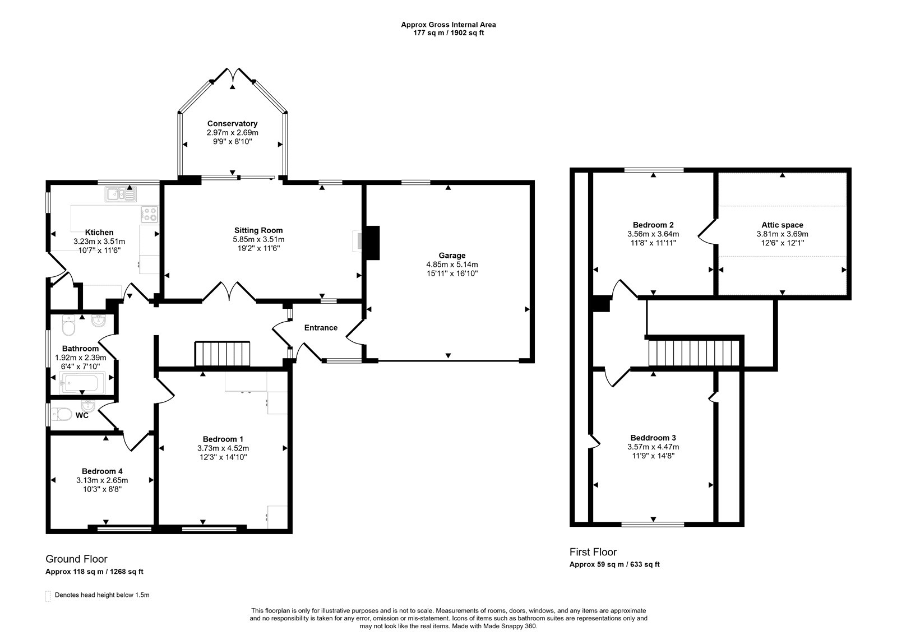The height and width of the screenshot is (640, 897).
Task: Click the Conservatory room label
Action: (x=232, y=124)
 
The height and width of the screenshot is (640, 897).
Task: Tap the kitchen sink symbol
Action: (x=121, y=194)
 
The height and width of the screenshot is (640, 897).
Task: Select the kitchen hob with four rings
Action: (x=149, y=214)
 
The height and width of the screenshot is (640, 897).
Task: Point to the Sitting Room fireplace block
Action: (x=372, y=243)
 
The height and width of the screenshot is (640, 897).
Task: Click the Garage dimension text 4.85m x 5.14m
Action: (x=452, y=265)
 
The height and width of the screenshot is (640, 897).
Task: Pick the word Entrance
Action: (x=321, y=328)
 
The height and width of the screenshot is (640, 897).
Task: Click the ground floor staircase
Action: (x=222, y=354)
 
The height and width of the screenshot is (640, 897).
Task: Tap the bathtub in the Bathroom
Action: (x=82, y=383)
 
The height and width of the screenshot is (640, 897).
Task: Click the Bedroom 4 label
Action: (x=102, y=471)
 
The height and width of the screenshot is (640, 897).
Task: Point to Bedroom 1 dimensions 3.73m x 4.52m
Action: (x=223, y=448)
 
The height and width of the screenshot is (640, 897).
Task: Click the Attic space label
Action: (x=782, y=225)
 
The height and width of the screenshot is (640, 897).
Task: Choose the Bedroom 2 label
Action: (x=653, y=225)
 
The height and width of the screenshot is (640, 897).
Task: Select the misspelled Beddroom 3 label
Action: (x=653, y=438)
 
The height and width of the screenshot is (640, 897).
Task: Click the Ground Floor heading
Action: (x=76, y=559)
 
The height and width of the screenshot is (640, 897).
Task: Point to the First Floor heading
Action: (x=593, y=552)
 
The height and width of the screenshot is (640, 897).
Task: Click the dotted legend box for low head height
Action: (x=48, y=596)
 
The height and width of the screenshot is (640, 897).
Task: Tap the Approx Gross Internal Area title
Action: (x=449, y=25)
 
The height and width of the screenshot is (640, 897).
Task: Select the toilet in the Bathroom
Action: (x=69, y=326)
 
